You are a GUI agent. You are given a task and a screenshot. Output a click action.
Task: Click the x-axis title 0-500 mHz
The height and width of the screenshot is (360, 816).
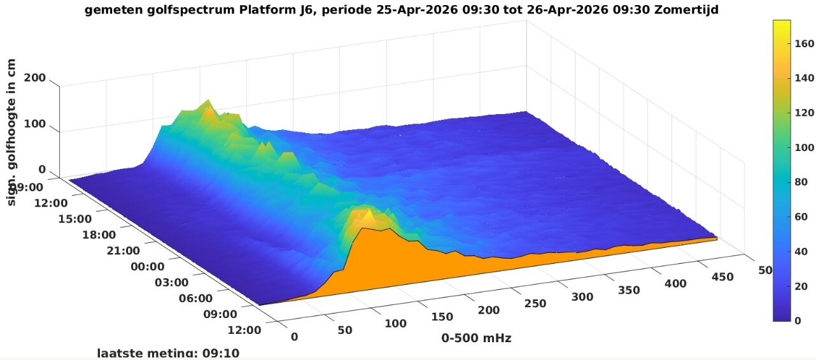(x=476, y=338)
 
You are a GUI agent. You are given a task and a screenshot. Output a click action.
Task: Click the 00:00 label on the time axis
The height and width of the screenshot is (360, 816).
(x=147, y=266)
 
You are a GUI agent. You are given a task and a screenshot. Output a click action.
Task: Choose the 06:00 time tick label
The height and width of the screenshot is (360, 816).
(x=196, y=298)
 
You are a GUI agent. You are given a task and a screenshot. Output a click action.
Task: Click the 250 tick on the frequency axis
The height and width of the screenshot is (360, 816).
(x=535, y=303)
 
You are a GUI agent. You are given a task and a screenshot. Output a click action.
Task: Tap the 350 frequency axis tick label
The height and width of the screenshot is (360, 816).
(x=628, y=290)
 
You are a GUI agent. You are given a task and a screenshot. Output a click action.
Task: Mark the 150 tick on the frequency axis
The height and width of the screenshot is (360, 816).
(x=442, y=317)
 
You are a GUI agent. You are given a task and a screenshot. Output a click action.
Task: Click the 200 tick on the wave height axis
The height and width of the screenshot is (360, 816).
(x=34, y=78)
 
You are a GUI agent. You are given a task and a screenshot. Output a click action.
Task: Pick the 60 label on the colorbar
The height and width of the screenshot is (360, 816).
(x=803, y=217)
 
